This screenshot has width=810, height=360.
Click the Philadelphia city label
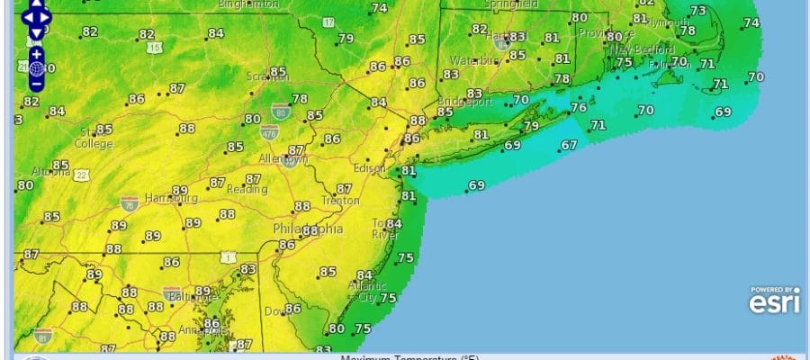(x=308, y=229)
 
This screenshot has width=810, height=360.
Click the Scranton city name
(x=264, y=77)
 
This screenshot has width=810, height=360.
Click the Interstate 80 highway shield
(x=280, y=111)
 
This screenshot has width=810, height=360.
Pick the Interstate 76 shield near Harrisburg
(x=130, y=203)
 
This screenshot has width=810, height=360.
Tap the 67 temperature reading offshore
(x=568, y=145)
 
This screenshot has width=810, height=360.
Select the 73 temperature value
(x=698, y=11)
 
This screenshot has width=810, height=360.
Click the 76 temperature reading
(x=579, y=107)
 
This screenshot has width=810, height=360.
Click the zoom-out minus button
(x=36, y=84)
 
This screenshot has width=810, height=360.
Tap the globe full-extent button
(x=36, y=67)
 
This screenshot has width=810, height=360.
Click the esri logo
(x=771, y=301)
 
